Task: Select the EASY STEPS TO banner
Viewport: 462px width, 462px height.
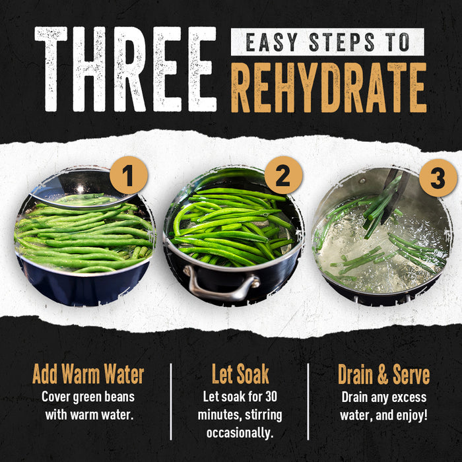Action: coord(327,42)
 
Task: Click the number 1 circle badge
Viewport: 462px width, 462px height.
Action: coord(128,177)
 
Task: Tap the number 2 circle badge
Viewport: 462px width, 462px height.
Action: coord(282,176)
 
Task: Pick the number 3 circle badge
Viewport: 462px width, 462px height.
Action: coord(437,178)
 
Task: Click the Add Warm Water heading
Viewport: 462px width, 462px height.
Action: coord(88,374)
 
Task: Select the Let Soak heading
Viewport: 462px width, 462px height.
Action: coord(240,374)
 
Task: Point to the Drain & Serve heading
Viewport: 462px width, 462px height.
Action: coord(383,374)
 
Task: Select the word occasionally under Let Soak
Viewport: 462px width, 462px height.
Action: coord(240,433)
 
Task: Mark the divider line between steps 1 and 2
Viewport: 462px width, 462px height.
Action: coord(171,403)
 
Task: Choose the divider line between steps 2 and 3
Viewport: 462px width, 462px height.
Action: coord(308,403)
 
